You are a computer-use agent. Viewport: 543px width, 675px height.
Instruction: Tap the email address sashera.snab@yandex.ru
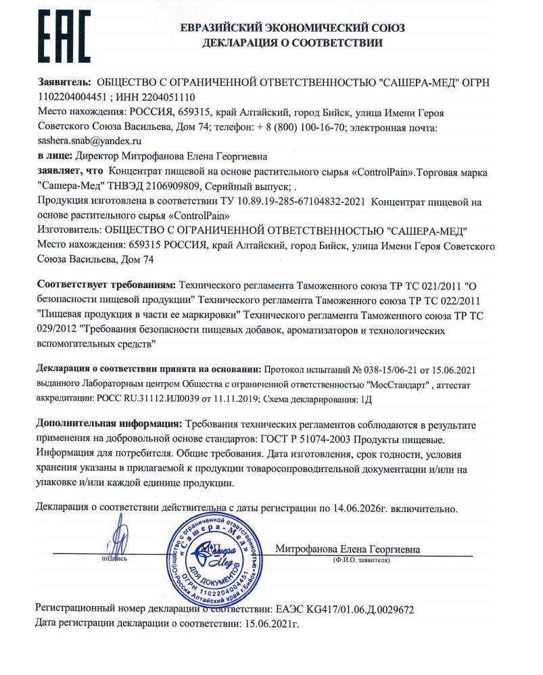click(x=89, y=141)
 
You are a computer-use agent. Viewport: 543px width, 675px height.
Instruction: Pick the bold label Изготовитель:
click(x=70, y=231)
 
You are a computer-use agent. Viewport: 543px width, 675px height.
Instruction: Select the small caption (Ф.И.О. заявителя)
click(x=358, y=561)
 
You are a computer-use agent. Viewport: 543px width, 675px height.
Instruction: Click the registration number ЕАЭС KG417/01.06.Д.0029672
click(x=342, y=609)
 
